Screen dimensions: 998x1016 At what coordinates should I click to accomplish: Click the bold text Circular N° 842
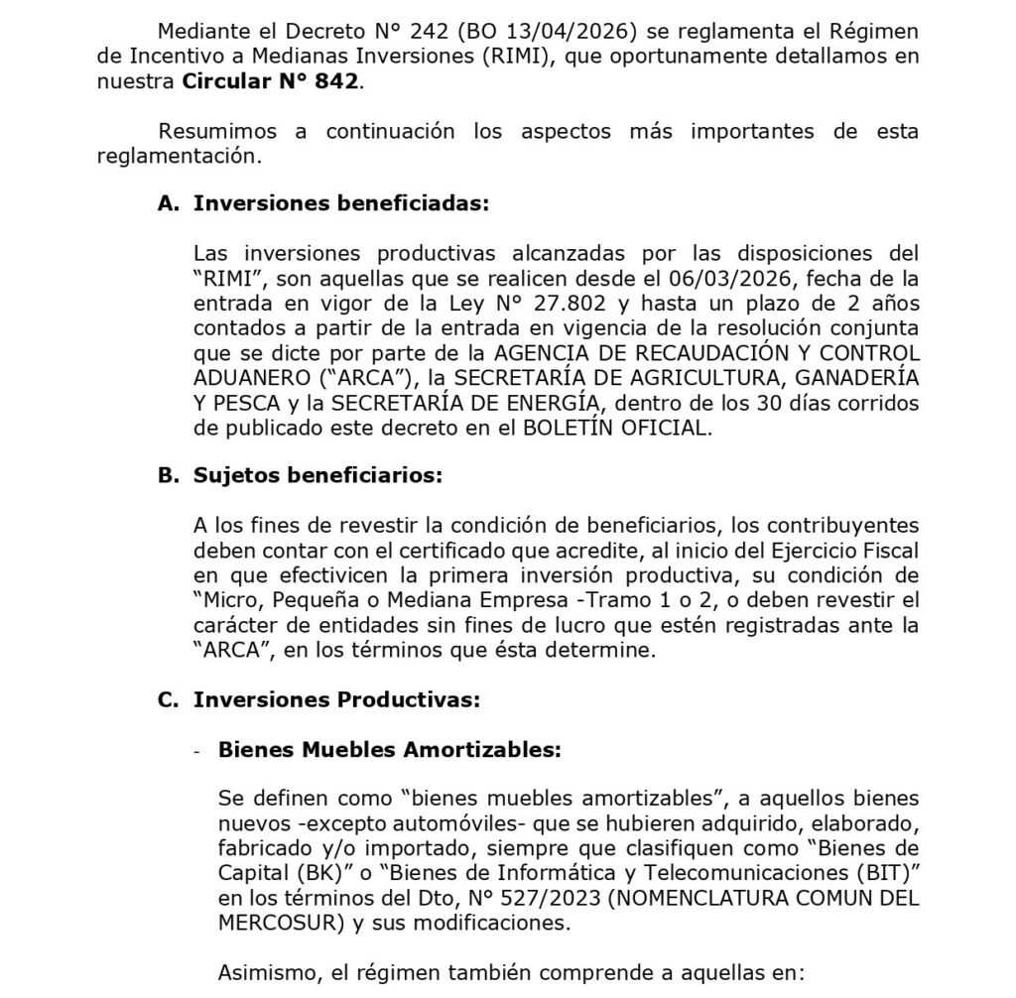[269, 82]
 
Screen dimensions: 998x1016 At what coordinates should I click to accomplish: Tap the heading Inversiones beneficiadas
[341, 203]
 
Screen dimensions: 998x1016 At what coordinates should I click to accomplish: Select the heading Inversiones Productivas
[336, 699]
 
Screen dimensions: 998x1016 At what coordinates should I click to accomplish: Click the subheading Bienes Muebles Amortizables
[390, 750]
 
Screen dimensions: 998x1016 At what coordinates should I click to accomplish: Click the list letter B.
[167, 475]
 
